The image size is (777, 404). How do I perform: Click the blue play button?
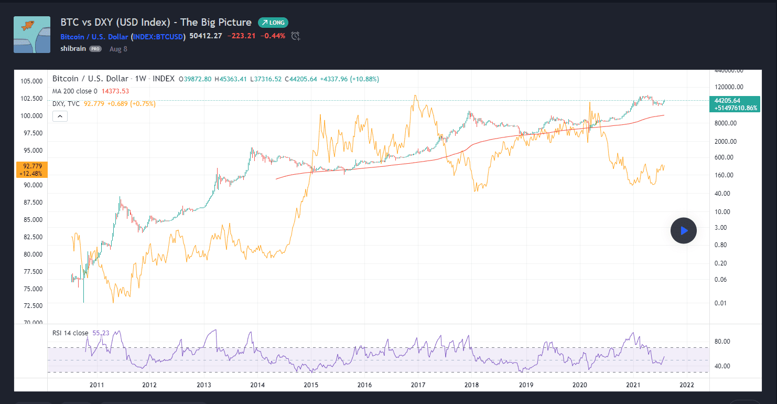pos(683,230)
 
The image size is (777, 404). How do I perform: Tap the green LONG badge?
pos(273,23)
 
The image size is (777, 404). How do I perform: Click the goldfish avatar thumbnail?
pos(32,35)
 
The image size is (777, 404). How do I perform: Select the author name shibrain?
pos(73,49)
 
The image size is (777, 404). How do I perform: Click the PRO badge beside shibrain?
pos(95,49)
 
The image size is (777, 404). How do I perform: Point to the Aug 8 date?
pos(118,49)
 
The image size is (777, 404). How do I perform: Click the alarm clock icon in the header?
pos(296,36)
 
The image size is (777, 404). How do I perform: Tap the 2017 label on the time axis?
pos(417,385)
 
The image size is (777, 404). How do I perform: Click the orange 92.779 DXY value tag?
pos(33,169)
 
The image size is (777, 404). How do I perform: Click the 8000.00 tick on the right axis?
pos(726,123)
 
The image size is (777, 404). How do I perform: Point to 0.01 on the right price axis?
pos(721,303)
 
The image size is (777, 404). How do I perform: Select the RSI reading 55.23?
pos(100,333)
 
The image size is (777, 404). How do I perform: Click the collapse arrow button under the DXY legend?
pos(60,116)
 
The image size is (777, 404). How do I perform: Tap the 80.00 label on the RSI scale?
pos(722,342)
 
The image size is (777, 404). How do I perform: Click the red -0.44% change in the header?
pos(273,36)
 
